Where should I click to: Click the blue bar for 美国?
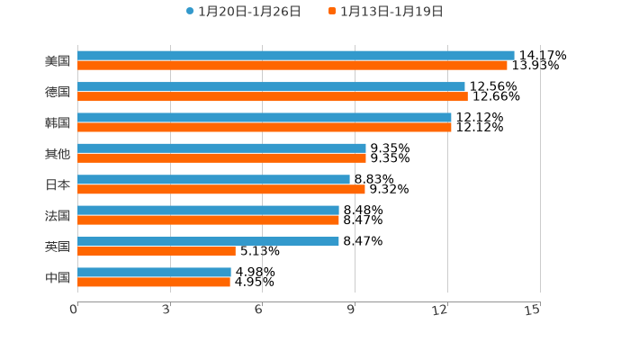[296, 56]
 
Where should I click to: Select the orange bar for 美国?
[292, 66]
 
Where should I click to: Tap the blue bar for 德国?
[271, 86]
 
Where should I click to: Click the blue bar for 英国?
[208, 241]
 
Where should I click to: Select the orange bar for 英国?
[157, 251]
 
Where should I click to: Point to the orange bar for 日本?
[221, 189]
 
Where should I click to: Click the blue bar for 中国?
[154, 272]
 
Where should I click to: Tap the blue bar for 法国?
[208, 211]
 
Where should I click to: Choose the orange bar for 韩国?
[265, 127]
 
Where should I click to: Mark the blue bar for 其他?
[221, 148]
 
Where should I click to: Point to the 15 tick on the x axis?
[533, 310]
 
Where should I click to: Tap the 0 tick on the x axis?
[74, 310]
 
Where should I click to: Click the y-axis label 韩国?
[58, 122]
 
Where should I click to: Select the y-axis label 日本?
[58, 184]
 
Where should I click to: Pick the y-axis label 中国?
[58, 277]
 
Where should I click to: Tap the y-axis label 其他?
[58, 153]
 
